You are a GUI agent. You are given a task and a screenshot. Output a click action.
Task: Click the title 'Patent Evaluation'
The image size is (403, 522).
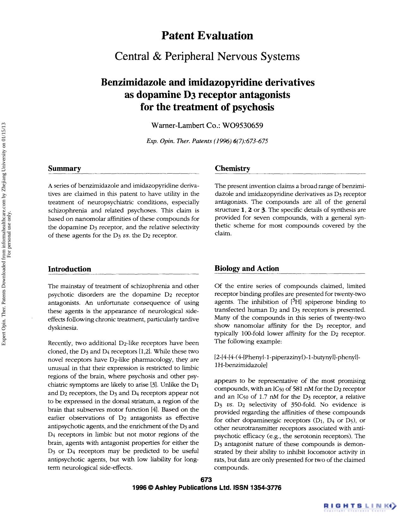click(x=207, y=35)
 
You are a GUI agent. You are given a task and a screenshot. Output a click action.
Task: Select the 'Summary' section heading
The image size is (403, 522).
click(x=64, y=169)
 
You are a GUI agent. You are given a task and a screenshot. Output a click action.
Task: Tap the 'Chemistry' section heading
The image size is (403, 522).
click(x=232, y=169)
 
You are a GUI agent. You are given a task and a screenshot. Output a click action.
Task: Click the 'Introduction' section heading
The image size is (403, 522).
click(x=69, y=269)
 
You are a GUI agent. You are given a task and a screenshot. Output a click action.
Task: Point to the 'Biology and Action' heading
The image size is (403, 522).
click(x=247, y=268)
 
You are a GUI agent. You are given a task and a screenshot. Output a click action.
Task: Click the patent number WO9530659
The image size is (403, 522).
click(x=243, y=126)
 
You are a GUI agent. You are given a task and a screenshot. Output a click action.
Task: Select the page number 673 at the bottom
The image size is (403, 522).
click(x=206, y=480)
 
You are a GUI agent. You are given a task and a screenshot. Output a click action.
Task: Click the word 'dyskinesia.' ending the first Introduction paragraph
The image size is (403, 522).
click(x=63, y=328)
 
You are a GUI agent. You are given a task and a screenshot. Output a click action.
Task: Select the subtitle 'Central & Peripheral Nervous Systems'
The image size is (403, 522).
click(x=207, y=56)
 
